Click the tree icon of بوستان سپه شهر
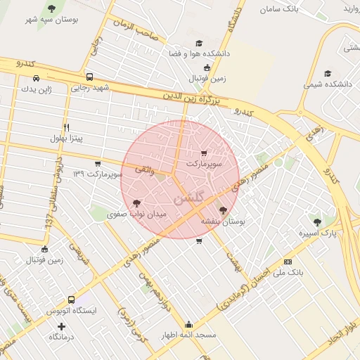[51, 8]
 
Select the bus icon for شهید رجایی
[89, 77]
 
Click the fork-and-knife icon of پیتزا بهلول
[66, 127]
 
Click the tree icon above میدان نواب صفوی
[136, 203]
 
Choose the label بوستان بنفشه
[223, 221]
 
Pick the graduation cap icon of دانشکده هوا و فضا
[199, 42]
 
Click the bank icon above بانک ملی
[287, 262]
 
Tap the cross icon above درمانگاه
[62, 326]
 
